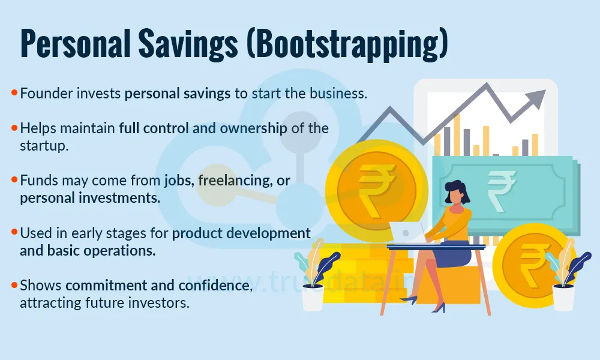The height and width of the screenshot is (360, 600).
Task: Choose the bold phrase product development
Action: (x=241, y=233)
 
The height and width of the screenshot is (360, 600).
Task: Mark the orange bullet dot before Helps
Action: (x=14, y=128)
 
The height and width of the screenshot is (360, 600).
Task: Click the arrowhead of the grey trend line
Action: (x=538, y=97)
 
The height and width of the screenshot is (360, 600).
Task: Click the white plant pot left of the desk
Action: (x=313, y=296)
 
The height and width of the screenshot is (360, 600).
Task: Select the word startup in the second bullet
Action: (x=40, y=145)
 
